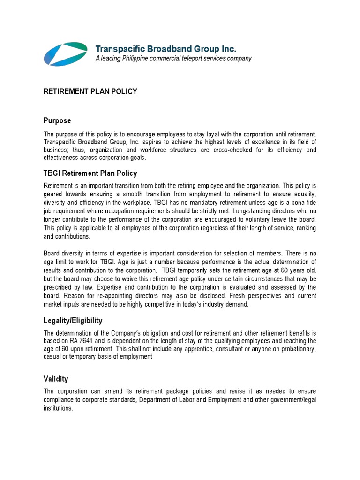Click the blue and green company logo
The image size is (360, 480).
(x=65, y=53)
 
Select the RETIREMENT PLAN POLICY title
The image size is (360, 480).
(x=90, y=91)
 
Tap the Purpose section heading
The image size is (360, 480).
(x=57, y=121)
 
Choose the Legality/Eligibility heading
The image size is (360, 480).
(x=79, y=321)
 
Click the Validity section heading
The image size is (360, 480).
(x=56, y=379)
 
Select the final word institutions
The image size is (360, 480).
(x=58, y=408)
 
